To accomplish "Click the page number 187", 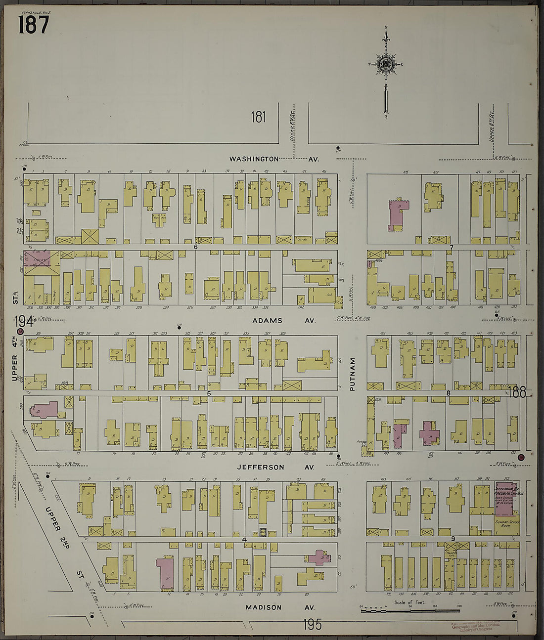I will click(x=34, y=24).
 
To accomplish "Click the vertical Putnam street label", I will click(x=353, y=375).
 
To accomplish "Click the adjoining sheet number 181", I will click(x=258, y=117).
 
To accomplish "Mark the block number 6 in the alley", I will click(x=196, y=247).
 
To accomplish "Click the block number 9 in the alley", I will click(x=453, y=539).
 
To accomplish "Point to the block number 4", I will click(x=244, y=539).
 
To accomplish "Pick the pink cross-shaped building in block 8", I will click(x=429, y=433).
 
